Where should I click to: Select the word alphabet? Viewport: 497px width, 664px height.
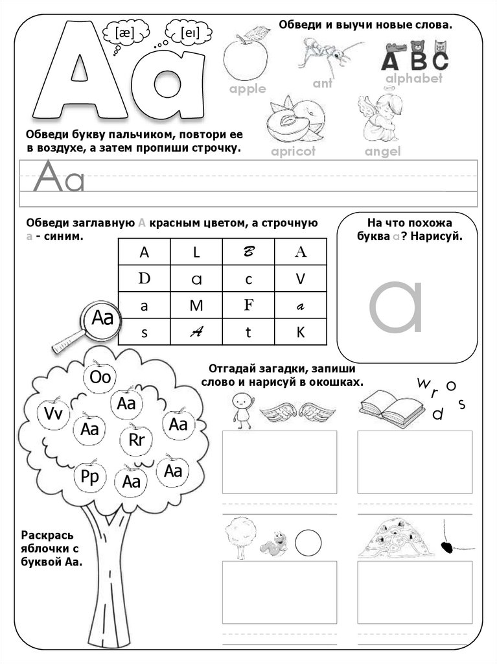[x=414, y=78]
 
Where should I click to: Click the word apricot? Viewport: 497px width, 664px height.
[x=294, y=151]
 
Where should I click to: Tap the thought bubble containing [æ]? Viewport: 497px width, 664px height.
[x=125, y=34]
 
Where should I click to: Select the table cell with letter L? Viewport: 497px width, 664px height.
[x=196, y=252]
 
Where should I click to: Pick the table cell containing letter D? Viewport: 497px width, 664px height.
[x=144, y=279]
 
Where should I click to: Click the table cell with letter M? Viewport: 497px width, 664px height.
[x=196, y=305]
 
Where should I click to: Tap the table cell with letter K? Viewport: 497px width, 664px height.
[x=301, y=331]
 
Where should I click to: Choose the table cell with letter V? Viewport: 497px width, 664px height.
[x=301, y=279]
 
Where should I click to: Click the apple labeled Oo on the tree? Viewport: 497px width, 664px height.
[x=100, y=375]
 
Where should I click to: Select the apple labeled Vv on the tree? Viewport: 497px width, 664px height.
[x=53, y=413]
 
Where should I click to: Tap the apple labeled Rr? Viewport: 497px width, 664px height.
[x=136, y=439]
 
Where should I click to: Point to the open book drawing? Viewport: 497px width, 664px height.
[x=392, y=406]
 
